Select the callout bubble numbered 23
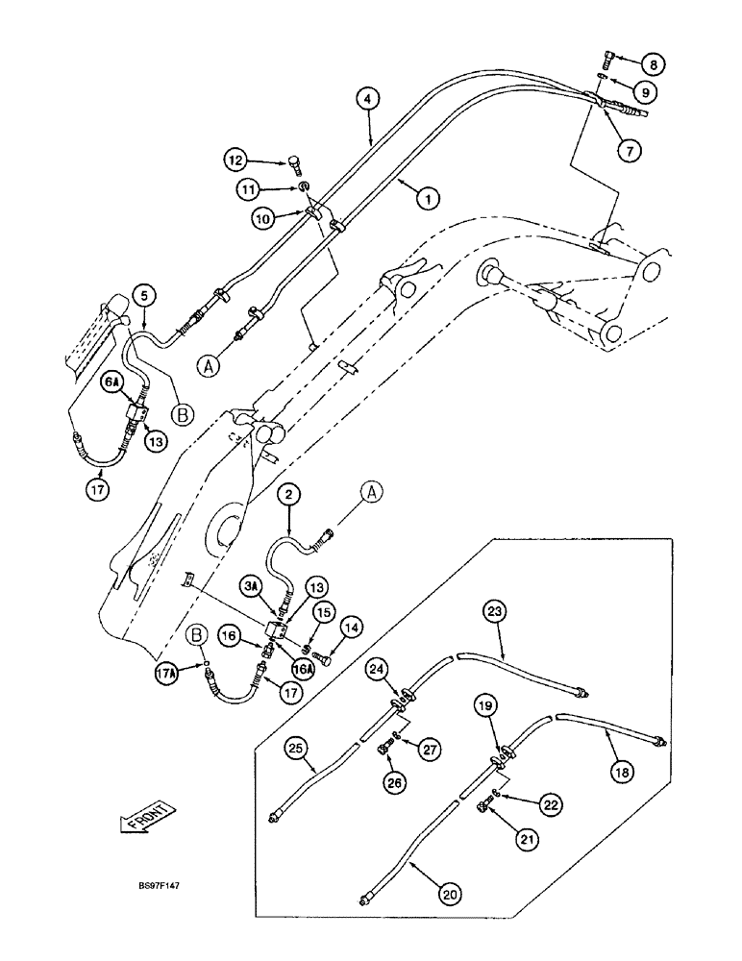[494, 610]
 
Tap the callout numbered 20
[449, 893]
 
